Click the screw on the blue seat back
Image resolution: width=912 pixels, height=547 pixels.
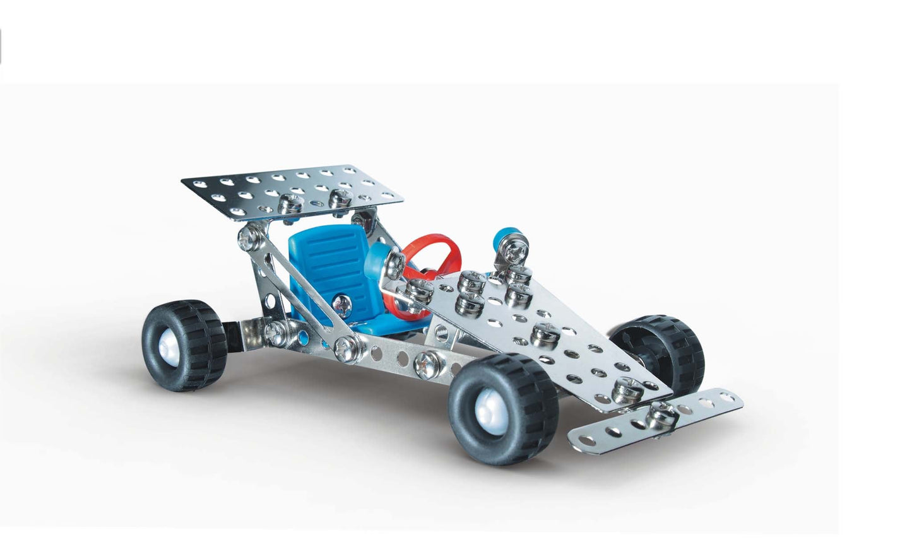[341, 303]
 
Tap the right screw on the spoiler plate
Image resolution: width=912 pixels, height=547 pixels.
[340, 198]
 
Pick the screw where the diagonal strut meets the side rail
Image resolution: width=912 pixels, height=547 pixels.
[346, 348]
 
